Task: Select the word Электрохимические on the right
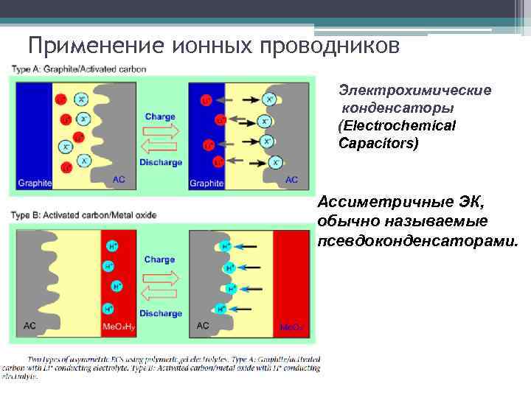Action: pyautogui.click(x=414, y=91)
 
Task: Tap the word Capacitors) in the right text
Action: pyautogui.click(x=378, y=143)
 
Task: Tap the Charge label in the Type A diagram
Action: pyautogui.click(x=159, y=116)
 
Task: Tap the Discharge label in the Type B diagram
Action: pyautogui.click(x=160, y=313)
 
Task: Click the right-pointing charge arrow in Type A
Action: pyautogui.click(x=159, y=130)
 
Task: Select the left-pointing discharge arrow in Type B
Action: pyautogui.click(x=159, y=294)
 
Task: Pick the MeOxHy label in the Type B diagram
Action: pyautogui.click(x=118, y=326)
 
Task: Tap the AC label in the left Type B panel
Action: pyautogui.click(x=29, y=325)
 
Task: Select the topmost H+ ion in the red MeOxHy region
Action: pyautogui.click(x=111, y=246)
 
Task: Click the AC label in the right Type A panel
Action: pyautogui.click(x=291, y=180)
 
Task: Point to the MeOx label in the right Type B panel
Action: pyautogui.click(x=290, y=326)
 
